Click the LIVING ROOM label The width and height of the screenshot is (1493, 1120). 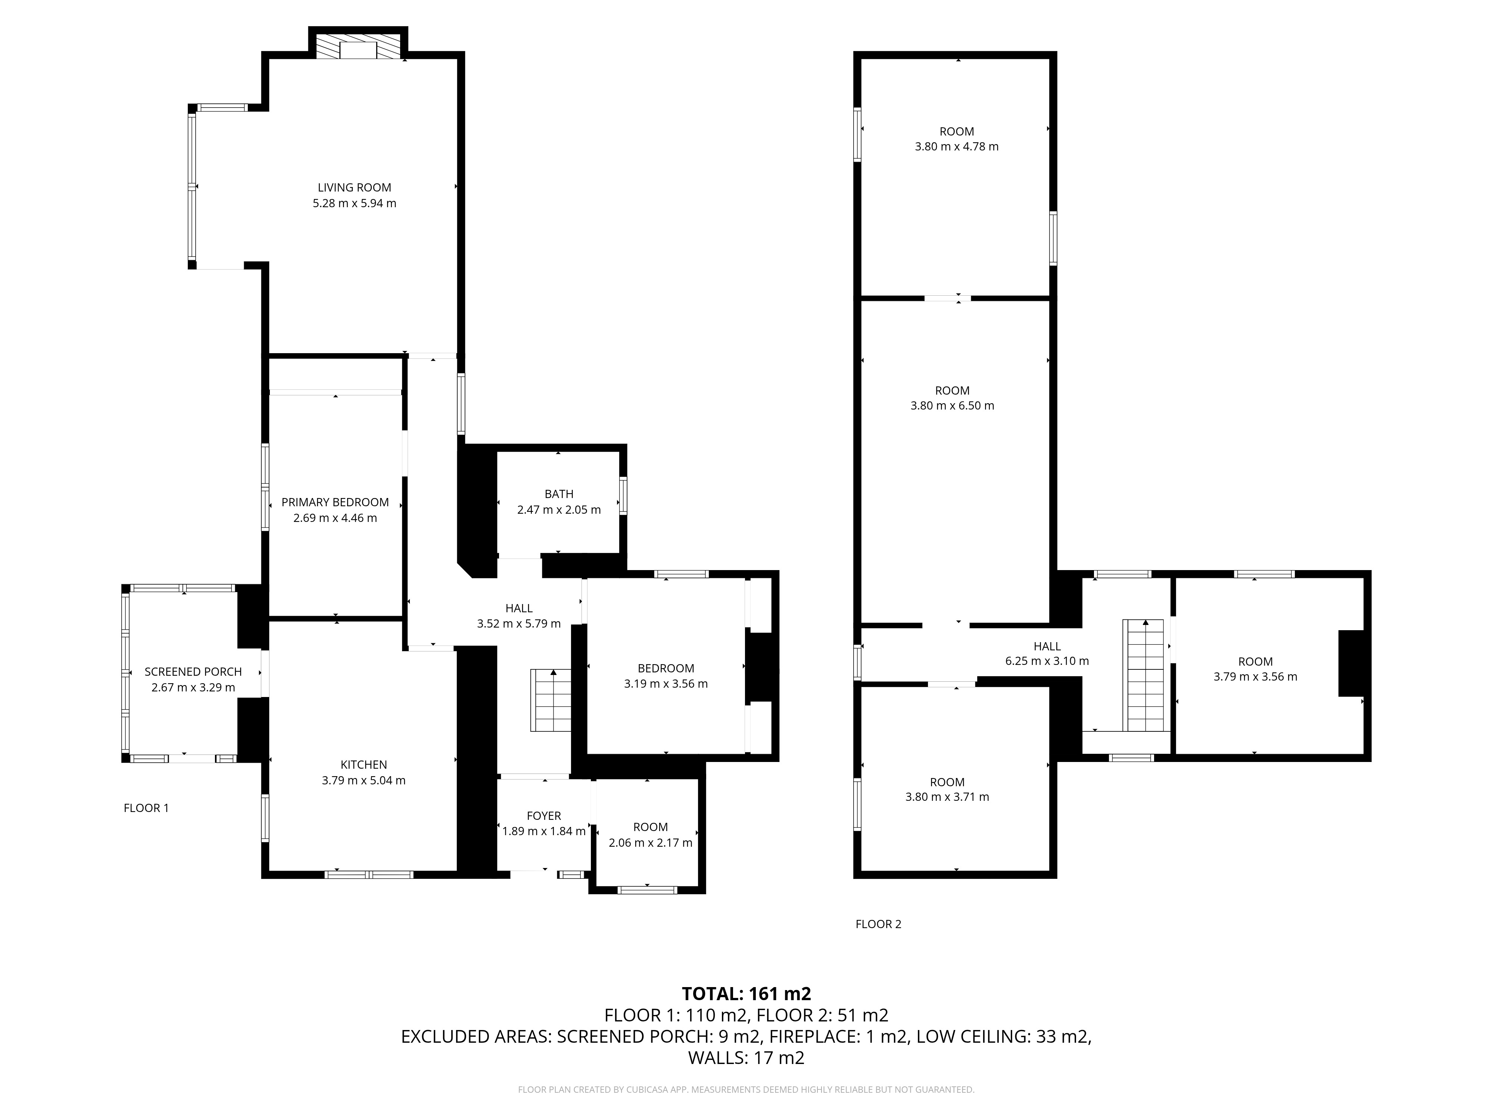point(354,188)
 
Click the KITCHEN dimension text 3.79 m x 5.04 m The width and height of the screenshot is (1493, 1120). point(364,780)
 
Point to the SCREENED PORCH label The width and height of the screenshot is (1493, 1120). point(193,672)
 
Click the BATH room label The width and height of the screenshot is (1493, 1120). point(559,494)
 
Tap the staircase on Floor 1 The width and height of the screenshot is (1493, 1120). point(551,700)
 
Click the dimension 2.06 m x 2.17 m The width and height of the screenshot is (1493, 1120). point(651,843)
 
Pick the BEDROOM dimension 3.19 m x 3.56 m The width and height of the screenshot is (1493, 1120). point(666,684)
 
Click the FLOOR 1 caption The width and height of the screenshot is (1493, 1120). point(146,808)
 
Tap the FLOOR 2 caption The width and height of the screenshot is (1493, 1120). point(878,924)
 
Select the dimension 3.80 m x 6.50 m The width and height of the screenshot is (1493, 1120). point(953,406)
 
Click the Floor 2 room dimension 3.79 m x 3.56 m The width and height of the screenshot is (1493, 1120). point(1255,676)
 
